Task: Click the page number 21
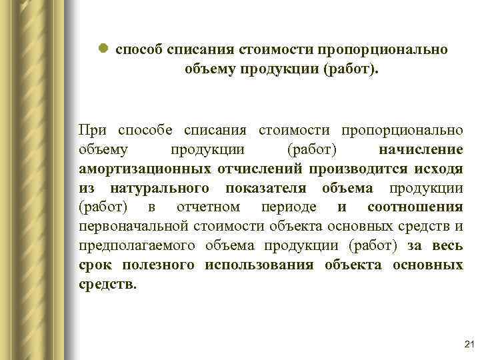pyautogui.click(x=467, y=344)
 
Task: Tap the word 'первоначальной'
pyautogui.click(x=135, y=226)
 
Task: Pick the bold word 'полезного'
pyautogui.click(x=159, y=265)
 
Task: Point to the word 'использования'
pyautogui.click(x=259, y=265)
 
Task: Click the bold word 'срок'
pyautogui.click(x=95, y=265)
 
